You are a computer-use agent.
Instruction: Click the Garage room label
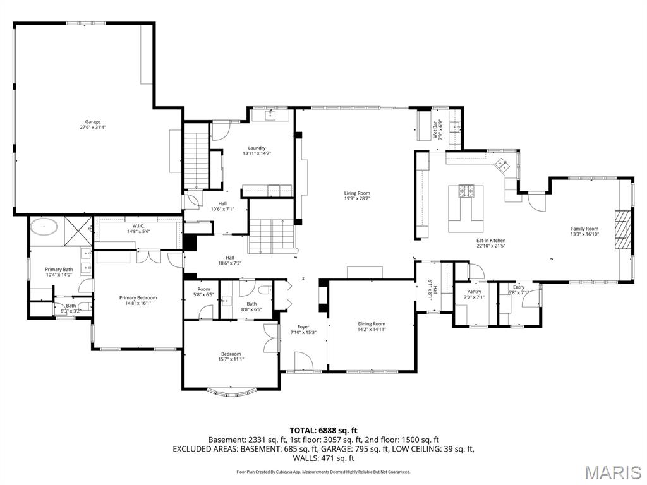coord(93,124)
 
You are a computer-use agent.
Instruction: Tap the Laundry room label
coord(257,150)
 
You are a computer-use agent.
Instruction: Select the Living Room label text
coord(356,196)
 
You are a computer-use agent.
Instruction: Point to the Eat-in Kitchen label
coord(490,242)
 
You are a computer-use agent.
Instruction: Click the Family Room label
coord(584,231)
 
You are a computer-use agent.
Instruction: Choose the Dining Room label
coord(372,326)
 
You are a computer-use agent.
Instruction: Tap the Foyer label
coord(303,330)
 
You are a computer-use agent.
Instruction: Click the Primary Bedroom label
coord(138,300)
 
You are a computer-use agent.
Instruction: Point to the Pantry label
coord(474,294)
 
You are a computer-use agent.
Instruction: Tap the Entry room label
coord(518,290)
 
